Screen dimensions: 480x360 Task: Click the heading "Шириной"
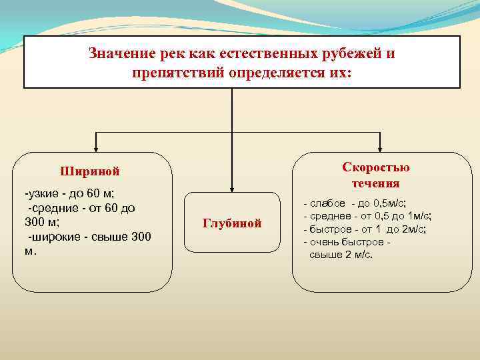(90, 171)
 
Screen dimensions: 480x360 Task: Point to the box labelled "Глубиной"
(232, 223)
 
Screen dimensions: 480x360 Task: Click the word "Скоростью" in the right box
(376, 167)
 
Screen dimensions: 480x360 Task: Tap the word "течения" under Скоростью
(376, 183)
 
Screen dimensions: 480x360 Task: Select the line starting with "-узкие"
(69, 194)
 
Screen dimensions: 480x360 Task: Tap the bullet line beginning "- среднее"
(367, 216)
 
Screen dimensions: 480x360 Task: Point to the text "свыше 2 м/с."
(341, 255)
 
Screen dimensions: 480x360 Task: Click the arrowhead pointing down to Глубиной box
(232, 189)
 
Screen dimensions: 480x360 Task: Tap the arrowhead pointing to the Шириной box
(96, 149)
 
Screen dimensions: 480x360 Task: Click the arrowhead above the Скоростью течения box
(380, 149)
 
